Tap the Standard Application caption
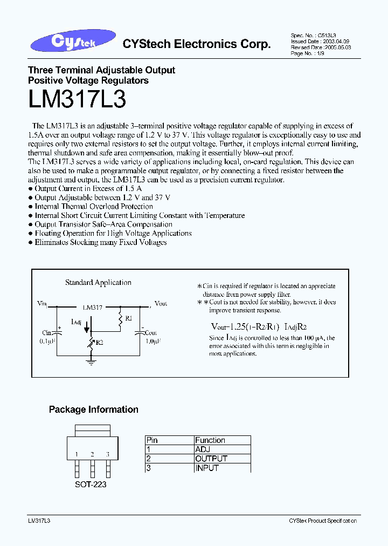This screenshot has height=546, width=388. [x=98, y=282]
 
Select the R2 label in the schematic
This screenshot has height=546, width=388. [x=100, y=342]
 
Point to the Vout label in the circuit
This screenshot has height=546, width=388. [x=161, y=304]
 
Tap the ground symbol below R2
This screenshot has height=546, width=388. [x=91, y=362]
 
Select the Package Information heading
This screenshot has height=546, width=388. [x=94, y=409]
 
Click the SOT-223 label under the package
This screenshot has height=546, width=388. [x=91, y=484]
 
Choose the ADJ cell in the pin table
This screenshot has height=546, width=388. [x=203, y=449]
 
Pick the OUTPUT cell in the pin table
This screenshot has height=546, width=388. [x=211, y=459]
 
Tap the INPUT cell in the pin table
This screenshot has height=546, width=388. [x=207, y=468]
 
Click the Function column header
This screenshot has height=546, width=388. [x=210, y=440]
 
